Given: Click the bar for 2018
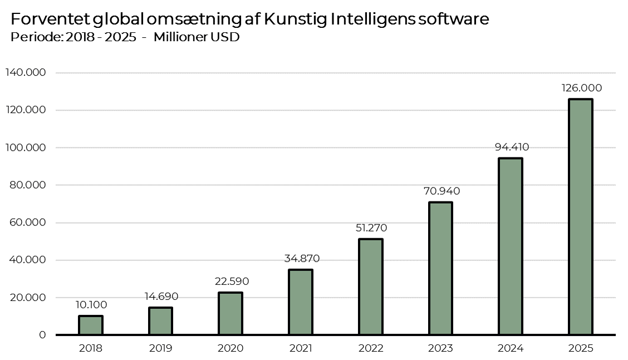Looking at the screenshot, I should [91, 326].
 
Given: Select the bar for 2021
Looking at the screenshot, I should [301, 302].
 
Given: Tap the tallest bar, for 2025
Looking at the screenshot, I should [581, 217].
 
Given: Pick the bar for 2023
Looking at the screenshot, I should [440, 268].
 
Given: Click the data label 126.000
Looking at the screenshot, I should [581, 88].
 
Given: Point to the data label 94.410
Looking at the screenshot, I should [512, 147].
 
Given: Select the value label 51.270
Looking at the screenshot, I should [370, 228].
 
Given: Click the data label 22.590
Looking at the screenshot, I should [231, 282].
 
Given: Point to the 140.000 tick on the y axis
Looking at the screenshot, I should [26, 73].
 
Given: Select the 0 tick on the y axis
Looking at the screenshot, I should [42, 335].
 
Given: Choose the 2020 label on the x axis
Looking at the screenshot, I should [230, 349].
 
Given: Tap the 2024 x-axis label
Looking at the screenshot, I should [511, 349].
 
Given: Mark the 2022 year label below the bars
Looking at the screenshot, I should [371, 349].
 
